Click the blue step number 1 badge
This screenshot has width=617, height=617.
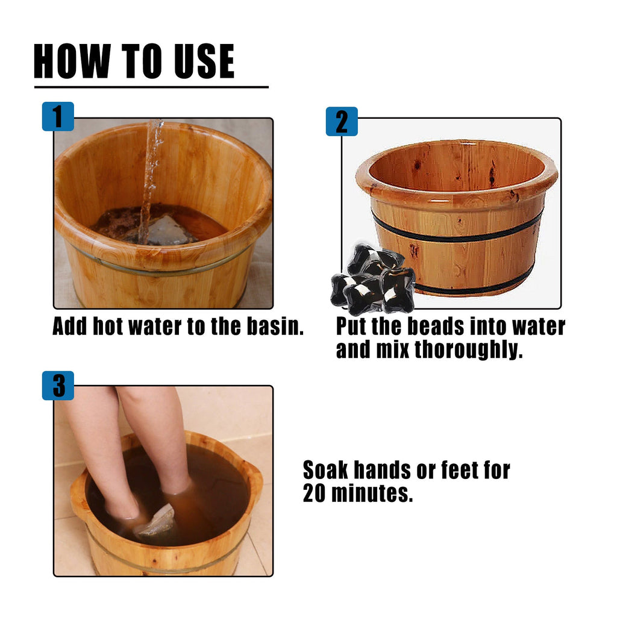click(58, 116)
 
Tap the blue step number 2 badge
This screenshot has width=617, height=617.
click(342, 121)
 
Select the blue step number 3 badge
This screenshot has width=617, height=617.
click(58, 386)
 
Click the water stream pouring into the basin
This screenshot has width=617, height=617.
click(151, 175)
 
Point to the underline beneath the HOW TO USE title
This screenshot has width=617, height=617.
click(151, 87)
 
